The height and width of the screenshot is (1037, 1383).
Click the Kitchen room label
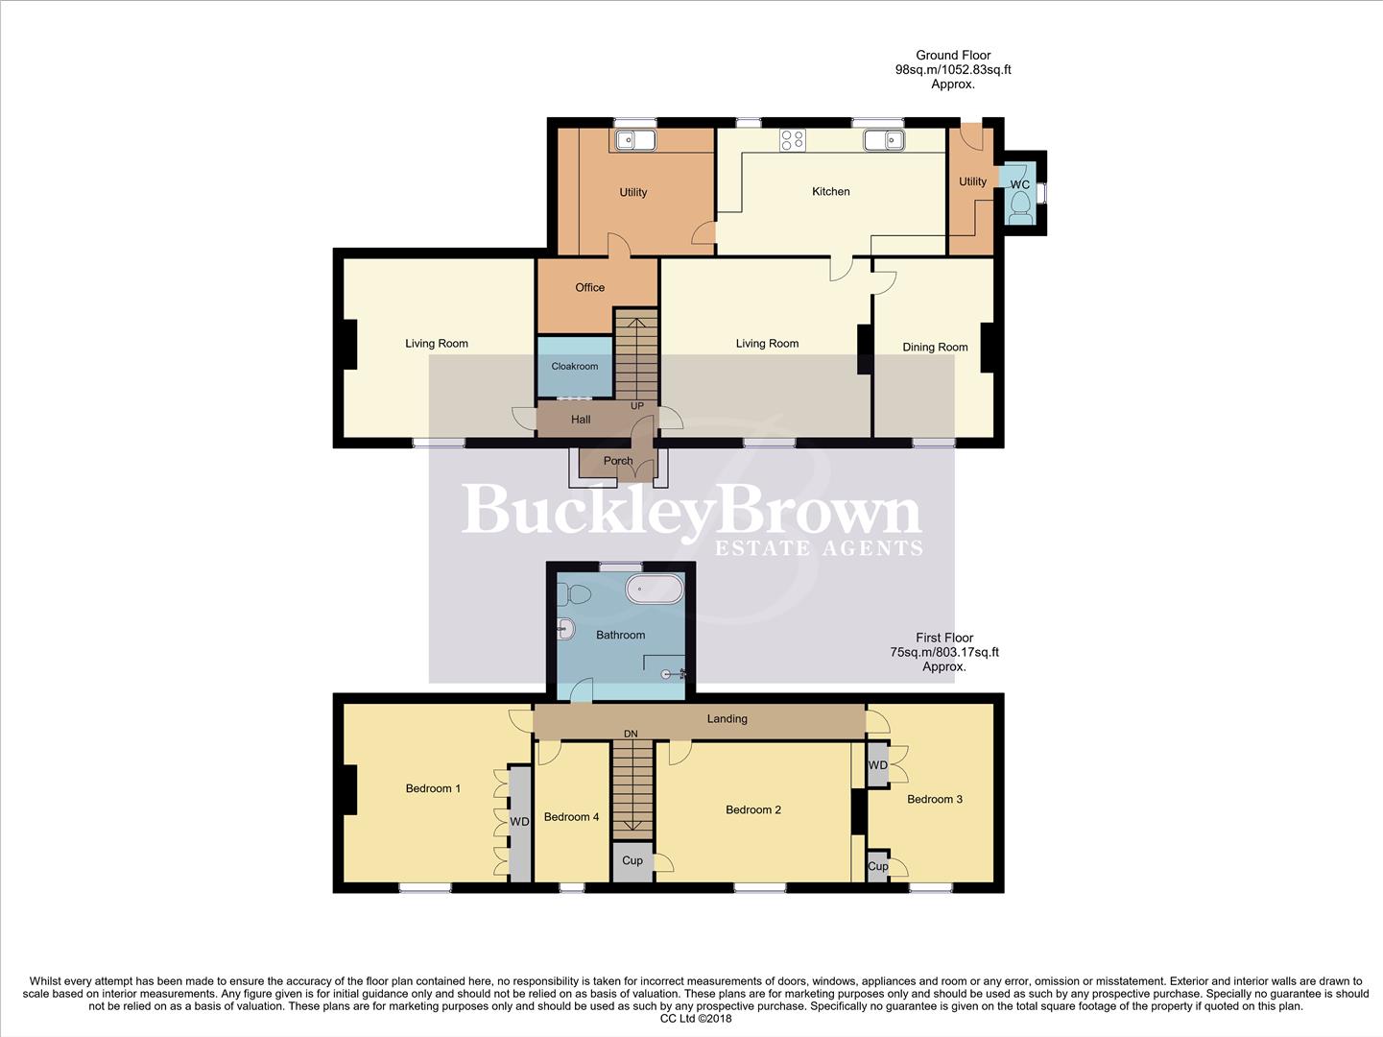click(x=830, y=191)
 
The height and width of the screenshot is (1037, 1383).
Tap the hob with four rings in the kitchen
click(x=793, y=140)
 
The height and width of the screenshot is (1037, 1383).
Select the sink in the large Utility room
click(x=633, y=141)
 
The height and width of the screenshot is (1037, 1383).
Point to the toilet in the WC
click(x=1021, y=205)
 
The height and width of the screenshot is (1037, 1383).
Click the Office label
click(x=589, y=287)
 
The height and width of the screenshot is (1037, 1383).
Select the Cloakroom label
click(x=574, y=366)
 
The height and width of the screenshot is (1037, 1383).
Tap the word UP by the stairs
click(x=637, y=406)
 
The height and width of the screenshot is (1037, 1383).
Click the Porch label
click(x=618, y=461)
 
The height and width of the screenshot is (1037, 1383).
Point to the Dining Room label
click(x=935, y=347)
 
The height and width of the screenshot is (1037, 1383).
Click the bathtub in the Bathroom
click(x=654, y=589)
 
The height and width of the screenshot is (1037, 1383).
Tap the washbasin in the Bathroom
click(x=565, y=631)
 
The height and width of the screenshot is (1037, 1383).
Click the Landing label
click(x=727, y=718)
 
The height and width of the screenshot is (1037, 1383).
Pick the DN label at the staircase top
click(x=631, y=735)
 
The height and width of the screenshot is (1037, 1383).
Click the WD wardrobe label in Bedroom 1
click(x=519, y=822)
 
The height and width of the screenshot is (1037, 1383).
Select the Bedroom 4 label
click(x=571, y=817)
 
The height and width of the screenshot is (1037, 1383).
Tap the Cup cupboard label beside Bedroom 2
click(x=632, y=860)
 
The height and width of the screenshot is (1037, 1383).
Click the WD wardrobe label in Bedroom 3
click(x=877, y=765)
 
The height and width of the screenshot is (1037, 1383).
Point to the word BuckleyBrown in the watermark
click(x=691, y=511)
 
